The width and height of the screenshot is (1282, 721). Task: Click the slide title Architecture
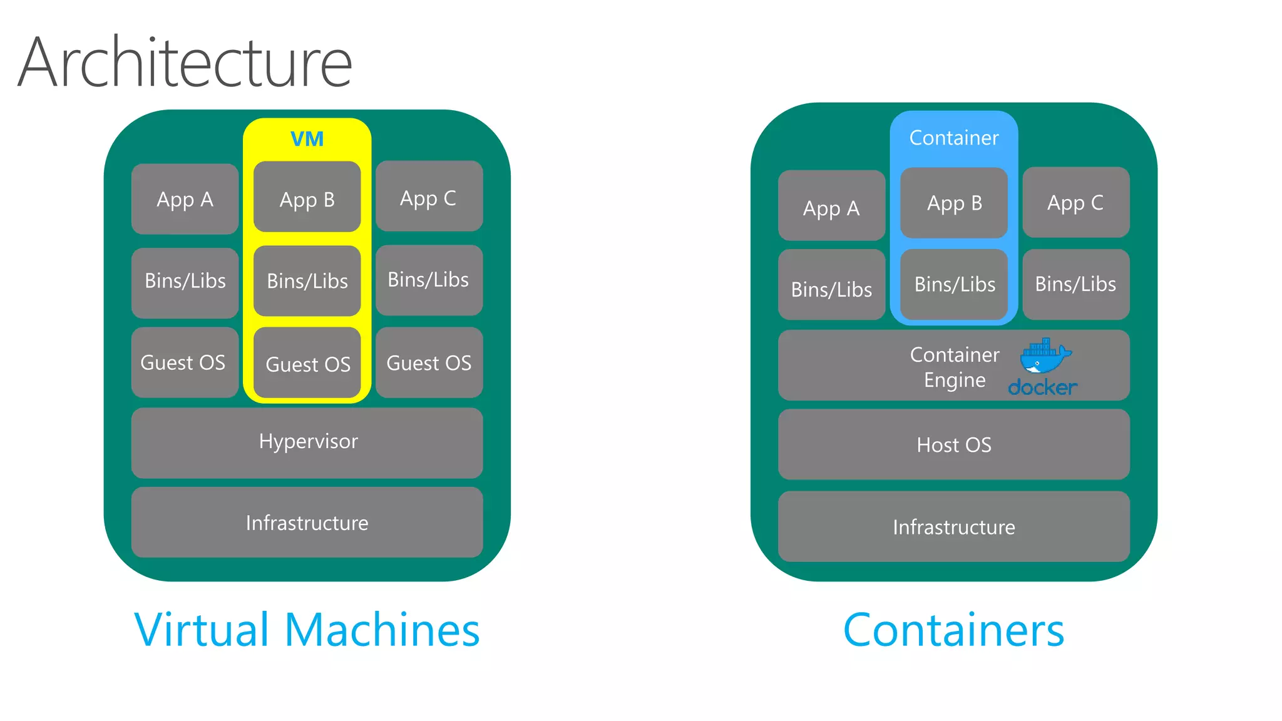185,63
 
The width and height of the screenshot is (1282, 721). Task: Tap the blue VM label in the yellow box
307,139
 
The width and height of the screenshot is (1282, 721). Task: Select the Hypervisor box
307,442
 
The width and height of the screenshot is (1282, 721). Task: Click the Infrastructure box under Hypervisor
307,523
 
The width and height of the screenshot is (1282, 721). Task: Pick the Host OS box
953,445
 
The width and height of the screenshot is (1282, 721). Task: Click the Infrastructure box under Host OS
953,527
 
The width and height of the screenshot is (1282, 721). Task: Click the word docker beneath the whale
1042,387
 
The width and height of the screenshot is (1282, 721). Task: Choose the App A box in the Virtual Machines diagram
185,199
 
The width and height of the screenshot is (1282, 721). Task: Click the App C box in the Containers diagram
1075,202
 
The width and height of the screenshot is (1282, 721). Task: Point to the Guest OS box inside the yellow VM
307,364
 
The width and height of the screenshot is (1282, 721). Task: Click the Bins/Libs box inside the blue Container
954,285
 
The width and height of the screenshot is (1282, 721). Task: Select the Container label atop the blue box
953,138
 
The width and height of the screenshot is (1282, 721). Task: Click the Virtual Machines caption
307,630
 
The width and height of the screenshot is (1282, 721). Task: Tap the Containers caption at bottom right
953,630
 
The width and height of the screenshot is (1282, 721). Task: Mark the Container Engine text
954,367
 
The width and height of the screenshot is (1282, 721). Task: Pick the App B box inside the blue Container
954,203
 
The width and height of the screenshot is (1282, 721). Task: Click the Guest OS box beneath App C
429,362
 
